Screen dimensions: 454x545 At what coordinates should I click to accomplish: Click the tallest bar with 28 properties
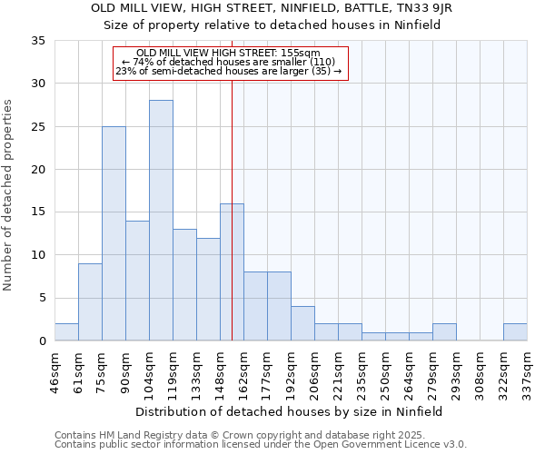pos(161,220)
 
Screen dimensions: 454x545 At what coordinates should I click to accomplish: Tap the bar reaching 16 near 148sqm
pos(232,271)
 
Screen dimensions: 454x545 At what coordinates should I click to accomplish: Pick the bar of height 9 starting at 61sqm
pos(90,301)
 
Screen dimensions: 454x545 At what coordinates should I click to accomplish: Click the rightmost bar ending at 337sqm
pos(515,331)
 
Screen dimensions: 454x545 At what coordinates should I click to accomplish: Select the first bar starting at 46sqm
pos(66,331)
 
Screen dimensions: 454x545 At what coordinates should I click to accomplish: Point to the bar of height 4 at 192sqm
pos(302,323)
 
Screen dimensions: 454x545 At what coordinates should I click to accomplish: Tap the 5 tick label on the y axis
pos(42,298)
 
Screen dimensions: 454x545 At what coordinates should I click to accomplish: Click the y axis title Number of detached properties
pos(9,195)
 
